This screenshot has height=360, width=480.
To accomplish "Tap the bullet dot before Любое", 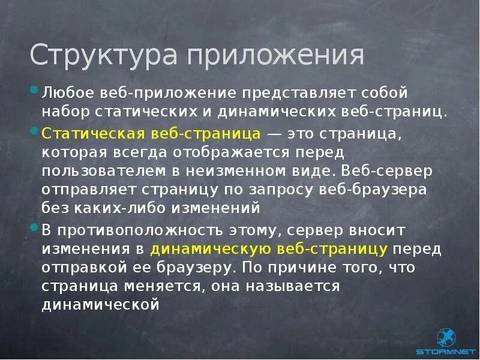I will coord(34,92).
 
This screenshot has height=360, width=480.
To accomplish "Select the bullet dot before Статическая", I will coord(34,131).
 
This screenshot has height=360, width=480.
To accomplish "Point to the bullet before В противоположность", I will coord(34,227).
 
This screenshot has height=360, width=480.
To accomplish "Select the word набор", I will coord(62,112).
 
